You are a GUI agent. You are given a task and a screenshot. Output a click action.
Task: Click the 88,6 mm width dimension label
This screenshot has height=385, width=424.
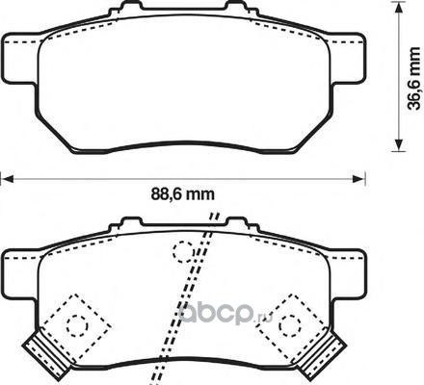182,194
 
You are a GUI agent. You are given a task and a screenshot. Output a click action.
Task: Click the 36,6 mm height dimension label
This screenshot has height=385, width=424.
413,79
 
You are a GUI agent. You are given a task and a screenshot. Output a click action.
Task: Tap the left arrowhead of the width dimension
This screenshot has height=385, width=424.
7,179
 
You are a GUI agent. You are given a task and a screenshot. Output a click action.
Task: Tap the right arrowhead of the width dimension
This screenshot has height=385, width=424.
358,179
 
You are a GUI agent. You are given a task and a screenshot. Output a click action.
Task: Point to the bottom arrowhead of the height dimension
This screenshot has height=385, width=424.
399,144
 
